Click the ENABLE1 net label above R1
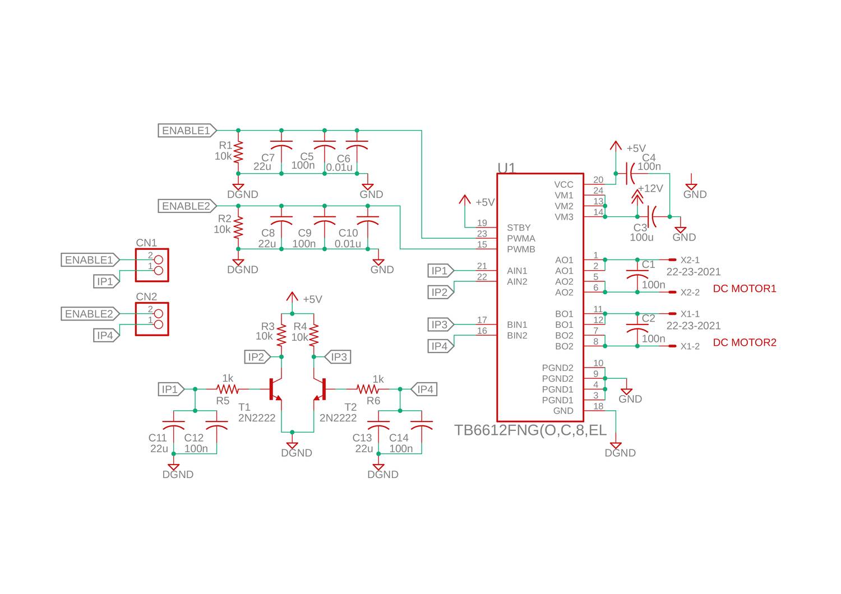[186, 131]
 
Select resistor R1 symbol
[238, 151]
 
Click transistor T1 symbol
[275, 389]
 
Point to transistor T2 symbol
[321, 389]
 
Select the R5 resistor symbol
[228, 389]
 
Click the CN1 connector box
[152, 265]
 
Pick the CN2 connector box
[152, 319]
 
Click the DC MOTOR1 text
[745, 289]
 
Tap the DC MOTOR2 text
[745, 342]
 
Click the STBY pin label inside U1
[519, 228]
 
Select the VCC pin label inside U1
[563, 184]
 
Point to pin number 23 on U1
[482, 234]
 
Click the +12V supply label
[650, 188]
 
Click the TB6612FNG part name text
[530, 430]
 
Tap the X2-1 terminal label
[690, 260]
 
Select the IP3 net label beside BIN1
[440, 324]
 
